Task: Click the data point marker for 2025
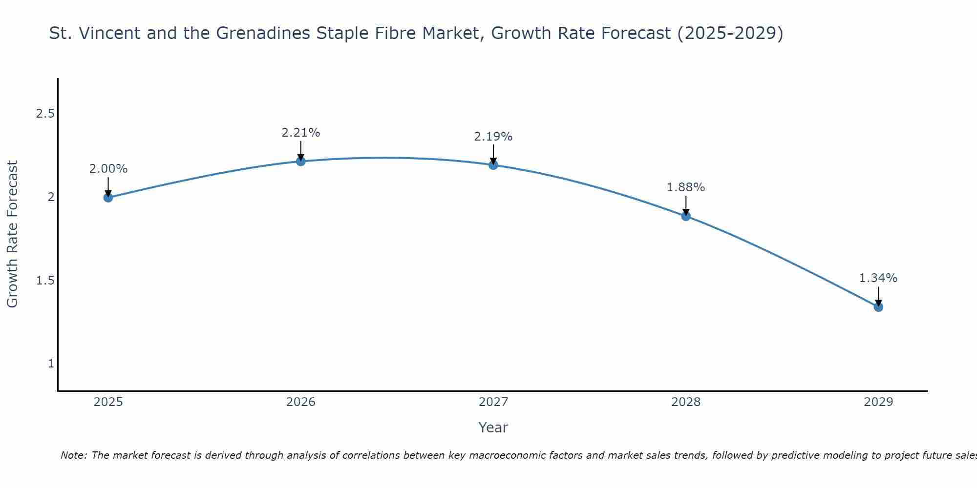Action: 108,197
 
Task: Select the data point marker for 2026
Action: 300,161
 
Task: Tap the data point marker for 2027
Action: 493,165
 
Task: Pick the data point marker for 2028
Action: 686,216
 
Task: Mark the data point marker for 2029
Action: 878,307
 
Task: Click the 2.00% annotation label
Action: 108,169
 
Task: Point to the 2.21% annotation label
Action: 300,133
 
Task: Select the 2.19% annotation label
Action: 493,137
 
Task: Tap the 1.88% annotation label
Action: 686,187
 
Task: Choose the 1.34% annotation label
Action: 878,278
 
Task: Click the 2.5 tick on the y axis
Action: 45,114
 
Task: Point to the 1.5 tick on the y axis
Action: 45,281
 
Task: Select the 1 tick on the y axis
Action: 51,364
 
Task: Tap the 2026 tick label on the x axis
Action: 300,402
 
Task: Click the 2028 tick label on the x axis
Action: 686,402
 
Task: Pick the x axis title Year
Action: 493,427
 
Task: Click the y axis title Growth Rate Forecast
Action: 13,234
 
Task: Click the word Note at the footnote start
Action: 73,455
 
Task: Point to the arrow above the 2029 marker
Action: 878,296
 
